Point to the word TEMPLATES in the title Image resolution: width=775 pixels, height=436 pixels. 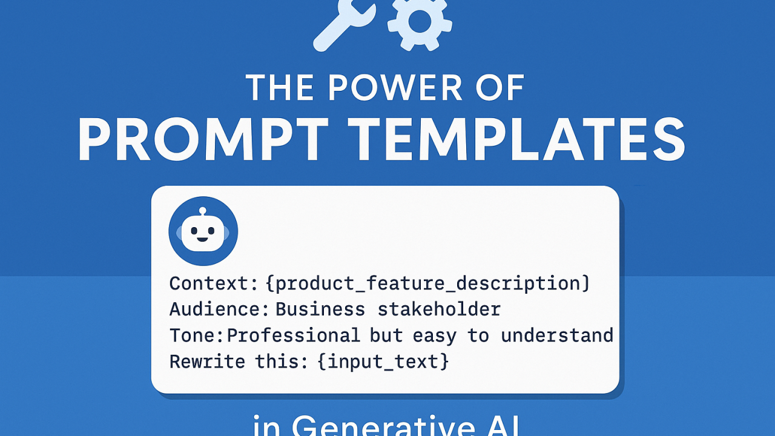click(519, 141)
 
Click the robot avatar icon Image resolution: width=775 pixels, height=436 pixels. click(203, 231)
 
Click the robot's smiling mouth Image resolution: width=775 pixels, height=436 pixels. click(203, 239)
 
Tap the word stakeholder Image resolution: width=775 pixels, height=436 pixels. click(439, 309)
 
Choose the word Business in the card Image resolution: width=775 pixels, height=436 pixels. click(320, 309)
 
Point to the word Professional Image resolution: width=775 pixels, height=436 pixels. click(294, 335)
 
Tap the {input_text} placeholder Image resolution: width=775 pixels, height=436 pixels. click(383, 362)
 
